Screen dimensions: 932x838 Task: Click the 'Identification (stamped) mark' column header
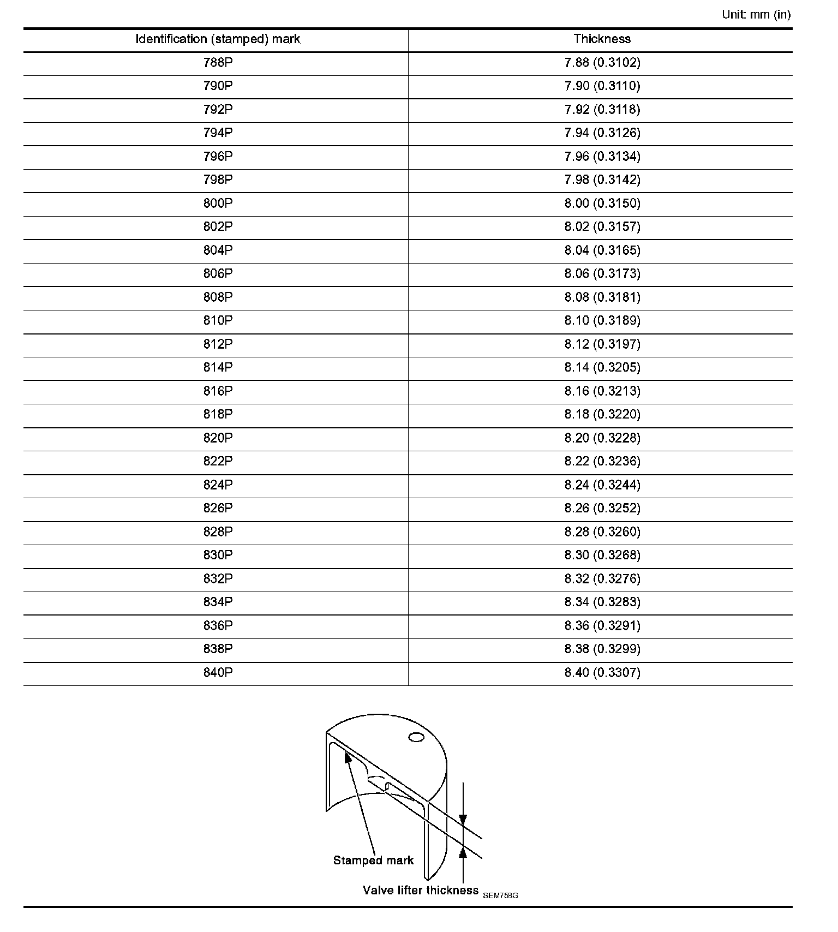pyautogui.click(x=218, y=39)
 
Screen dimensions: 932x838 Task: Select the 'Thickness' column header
pyautogui.click(x=602, y=39)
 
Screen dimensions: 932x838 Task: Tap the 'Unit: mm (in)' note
pyautogui.click(x=756, y=15)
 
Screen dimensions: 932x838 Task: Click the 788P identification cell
pyautogui.click(x=218, y=63)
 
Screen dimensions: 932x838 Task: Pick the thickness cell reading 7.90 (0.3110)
pyautogui.click(x=602, y=86)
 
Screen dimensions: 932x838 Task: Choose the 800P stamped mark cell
pyautogui.click(x=218, y=204)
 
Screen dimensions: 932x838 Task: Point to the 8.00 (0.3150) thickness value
pyautogui.click(x=602, y=204)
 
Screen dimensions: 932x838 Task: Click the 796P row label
pyautogui.click(x=218, y=157)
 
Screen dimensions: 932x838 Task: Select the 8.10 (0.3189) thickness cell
pyautogui.click(x=602, y=321)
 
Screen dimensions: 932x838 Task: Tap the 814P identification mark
pyautogui.click(x=218, y=368)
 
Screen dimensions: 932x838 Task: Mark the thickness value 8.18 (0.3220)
pyautogui.click(x=602, y=415)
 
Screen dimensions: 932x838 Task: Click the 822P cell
pyautogui.click(x=218, y=462)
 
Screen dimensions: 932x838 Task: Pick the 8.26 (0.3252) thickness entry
pyautogui.click(x=602, y=509)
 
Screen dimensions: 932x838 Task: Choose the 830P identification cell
pyautogui.click(x=218, y=555)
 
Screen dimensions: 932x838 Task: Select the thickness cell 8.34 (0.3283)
pyautogui.click(x=602, y=602)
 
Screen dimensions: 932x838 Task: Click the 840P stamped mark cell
pyautogui.click(x=218, y=673)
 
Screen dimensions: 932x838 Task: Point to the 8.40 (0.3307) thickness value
pyautogui.click(x=602, y=673)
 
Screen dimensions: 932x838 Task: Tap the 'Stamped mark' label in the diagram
pyautogui.click(x=373, y=861)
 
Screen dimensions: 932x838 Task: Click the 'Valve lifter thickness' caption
pyautogui.click(x=420, y=891)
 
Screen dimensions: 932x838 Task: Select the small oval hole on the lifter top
pyautogui.click(x=416, y=738)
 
